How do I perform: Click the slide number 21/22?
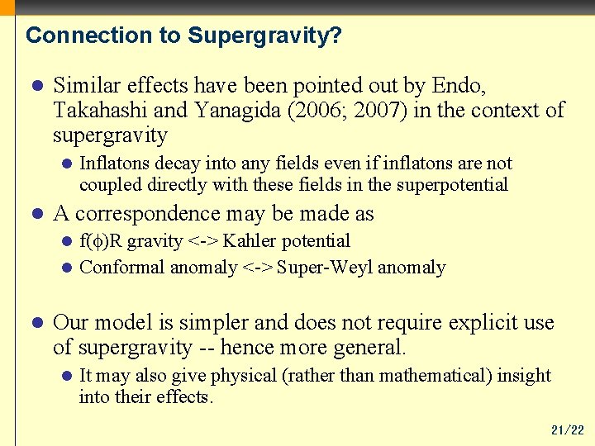567,430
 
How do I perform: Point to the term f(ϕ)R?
101,241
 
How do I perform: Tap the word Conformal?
121,268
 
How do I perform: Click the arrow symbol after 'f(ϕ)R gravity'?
203,241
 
